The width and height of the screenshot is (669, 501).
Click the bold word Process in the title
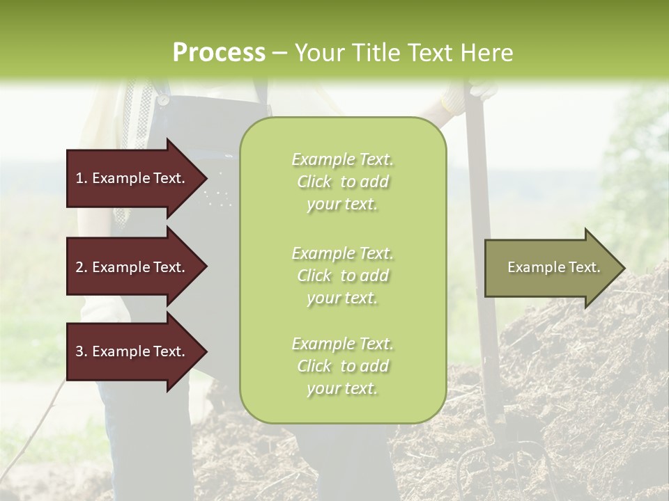pos(219,53)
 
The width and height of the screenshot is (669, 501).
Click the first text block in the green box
pos(342,182)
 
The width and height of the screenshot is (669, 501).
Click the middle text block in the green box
pos(342,276)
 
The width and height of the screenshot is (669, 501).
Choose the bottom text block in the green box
pos(342,366)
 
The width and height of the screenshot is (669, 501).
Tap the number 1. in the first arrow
pos(82,178)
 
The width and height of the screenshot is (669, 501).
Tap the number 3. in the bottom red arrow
pos(82,351)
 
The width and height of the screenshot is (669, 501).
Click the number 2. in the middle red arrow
pos(82,267)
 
